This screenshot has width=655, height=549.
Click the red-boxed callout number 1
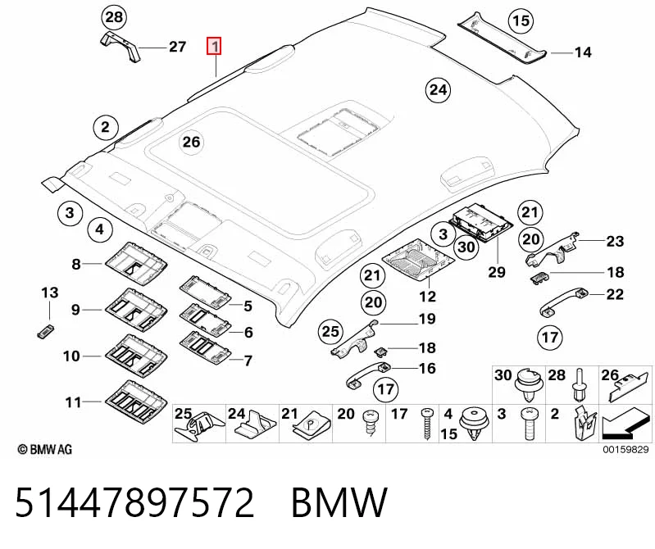point(214,46)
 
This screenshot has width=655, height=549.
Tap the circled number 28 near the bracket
point(114,17)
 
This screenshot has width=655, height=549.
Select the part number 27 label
point(177,47)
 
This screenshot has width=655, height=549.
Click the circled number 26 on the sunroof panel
point(191,142)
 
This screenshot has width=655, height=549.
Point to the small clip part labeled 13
point(45,332)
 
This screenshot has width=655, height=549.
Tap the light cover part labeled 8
point(136,263)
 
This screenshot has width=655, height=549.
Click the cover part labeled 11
point(136,402)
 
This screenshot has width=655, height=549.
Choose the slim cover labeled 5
point(206,292)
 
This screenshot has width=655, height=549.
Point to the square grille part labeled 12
point(419,259)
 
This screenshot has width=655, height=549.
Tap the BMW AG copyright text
point(45,449)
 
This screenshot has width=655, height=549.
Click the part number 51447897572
point(134,502)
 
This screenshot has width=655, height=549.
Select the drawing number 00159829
point(625,449)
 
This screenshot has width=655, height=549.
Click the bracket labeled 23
point(553,250)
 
